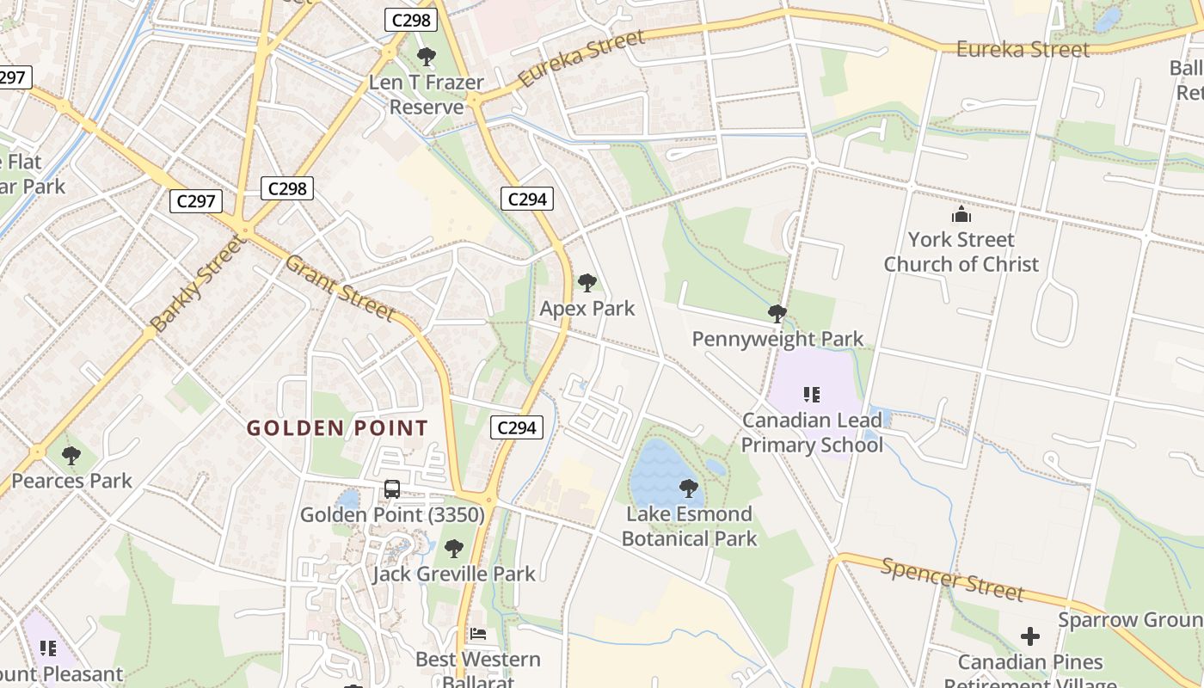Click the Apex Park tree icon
tap(587, 282)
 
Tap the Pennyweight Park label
tap(777, 339)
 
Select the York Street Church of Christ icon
tap(961, 214)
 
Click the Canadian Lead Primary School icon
tap(811, 395)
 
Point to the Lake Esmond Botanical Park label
tap(688, 526)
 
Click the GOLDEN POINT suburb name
tap(337, 427)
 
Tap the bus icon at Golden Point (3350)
tap(392, 489)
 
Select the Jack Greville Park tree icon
tap(454, 548)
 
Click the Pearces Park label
tap(71, 481)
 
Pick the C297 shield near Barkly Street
tap(196, 201)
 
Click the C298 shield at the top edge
tap(410, 20)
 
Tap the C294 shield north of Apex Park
tap(527, 200)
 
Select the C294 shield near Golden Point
tap(517, 427)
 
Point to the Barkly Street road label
tap(197, 283)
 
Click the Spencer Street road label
tap(952, 578)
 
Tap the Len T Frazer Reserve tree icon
tap(426, 57)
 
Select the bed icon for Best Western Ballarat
tap(478, 634)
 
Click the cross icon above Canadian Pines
tap(1029, 636)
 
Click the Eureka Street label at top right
tap(1023, 49)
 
